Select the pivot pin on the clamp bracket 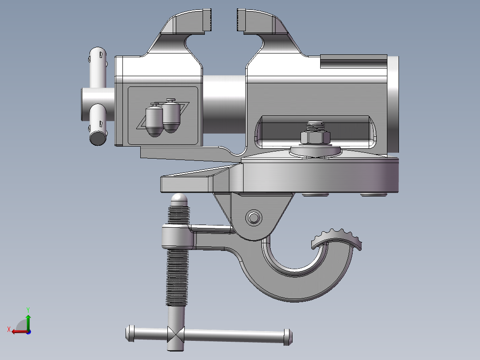tap(254, 218)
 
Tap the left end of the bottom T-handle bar tap(130, 333)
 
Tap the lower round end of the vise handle tap(98, 137)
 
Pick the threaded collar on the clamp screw tap(178, 237)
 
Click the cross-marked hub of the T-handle tap(175, 334)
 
